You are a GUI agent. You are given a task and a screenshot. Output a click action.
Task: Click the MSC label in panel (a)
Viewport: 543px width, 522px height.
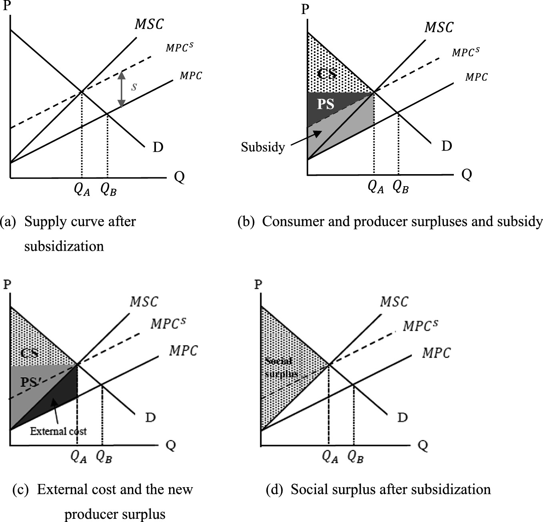tap(149, 24)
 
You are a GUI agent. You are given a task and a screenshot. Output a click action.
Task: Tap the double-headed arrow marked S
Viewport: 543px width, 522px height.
tap(121, 89)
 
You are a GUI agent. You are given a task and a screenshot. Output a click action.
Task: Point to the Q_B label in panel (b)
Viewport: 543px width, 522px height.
tap(400, 187)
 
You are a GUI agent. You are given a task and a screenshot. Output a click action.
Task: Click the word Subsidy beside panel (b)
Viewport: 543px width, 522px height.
tap(263, 147)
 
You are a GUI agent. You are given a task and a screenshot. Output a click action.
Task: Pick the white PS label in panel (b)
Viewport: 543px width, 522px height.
tap(325, 104)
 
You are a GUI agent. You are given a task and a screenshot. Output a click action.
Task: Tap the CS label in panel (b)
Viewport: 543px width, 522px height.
tap(327, 74)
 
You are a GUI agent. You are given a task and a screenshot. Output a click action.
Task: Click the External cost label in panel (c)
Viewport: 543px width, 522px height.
tap(58, 431)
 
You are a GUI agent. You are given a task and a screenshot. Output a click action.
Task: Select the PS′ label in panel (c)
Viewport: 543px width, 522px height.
tap(30, 382)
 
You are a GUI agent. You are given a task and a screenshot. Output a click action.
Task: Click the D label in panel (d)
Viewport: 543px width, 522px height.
tap(402, 418)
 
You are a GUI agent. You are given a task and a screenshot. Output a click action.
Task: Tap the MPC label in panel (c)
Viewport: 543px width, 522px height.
tap(183, 351)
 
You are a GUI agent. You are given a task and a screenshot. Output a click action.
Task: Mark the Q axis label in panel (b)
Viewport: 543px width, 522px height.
tap(467, 175)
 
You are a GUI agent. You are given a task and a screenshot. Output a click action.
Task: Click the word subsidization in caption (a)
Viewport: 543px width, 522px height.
tap(64, 246)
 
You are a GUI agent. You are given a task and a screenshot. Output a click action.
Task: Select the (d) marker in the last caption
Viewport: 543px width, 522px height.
tap(275, 490)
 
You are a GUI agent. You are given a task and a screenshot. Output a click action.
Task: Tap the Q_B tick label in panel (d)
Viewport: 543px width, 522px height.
tap(355, 456)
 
